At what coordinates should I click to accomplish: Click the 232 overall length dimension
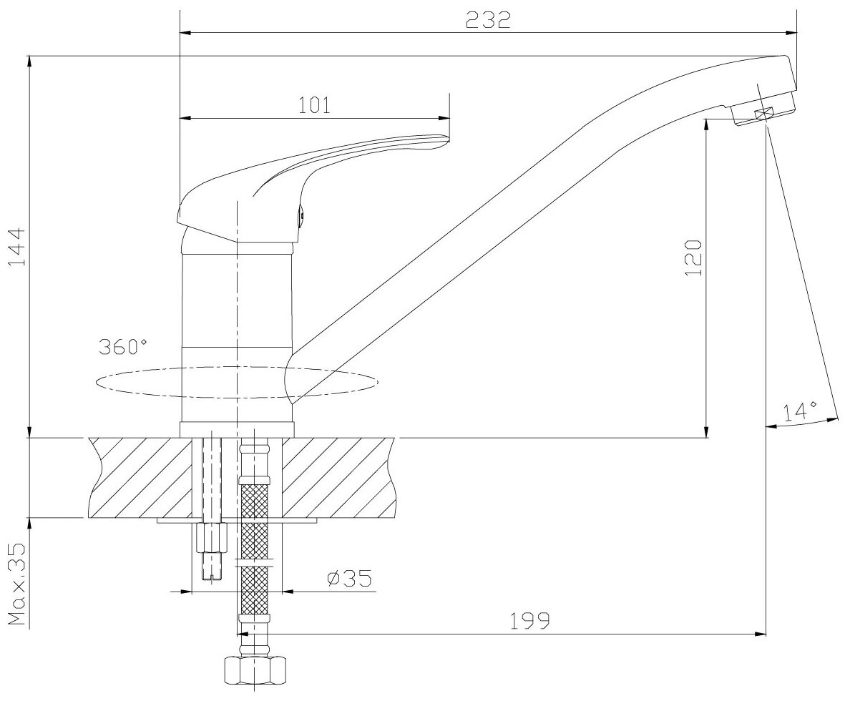(x=488, y=19)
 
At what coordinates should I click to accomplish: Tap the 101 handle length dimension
(x=314, y=105)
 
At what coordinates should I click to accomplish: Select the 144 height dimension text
(x=16, y=247)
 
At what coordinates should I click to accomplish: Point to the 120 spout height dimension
(x=695, y=258)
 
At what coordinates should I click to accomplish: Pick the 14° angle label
(x=800, y=411)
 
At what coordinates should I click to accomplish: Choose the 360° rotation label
(x=123, y=348)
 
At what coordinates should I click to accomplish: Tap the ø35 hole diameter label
(x=348, y=578)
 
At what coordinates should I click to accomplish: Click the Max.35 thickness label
(x=16, y=584)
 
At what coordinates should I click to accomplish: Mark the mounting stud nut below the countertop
(x=210, y=538)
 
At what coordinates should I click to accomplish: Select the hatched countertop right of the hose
(x=336, y=476)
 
